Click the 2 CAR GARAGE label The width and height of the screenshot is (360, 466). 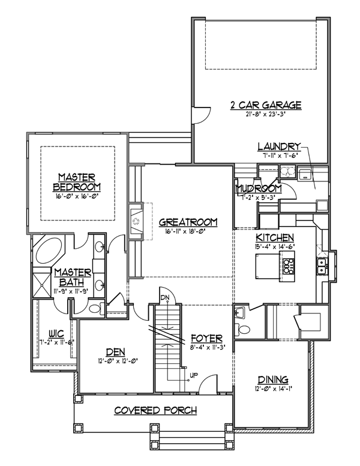point(266,105)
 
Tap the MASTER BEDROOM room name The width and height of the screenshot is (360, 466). point(77,182)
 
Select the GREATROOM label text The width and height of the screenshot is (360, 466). point(188,222)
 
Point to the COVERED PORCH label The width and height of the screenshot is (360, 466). point(155,410)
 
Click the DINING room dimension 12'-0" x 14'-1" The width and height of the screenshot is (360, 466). point(274,389)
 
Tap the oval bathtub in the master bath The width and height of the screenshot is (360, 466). point(49,249)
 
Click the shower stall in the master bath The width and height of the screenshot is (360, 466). point(41,285)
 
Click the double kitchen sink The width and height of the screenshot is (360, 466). point(322,266)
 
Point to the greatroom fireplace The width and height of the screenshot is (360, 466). point(136,222)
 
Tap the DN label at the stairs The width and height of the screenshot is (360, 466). point(165,297)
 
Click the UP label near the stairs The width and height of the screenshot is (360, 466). point(194,375)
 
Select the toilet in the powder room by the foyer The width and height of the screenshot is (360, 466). point(242,329)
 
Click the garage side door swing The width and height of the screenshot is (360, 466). point(201,115)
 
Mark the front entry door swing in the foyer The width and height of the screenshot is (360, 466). point(208,384)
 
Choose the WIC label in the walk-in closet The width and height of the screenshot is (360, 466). point(56,334)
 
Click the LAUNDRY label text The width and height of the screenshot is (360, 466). point(279,147)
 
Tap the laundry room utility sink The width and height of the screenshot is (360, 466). point(304,174)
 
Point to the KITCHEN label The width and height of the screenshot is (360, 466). point(275,238)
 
